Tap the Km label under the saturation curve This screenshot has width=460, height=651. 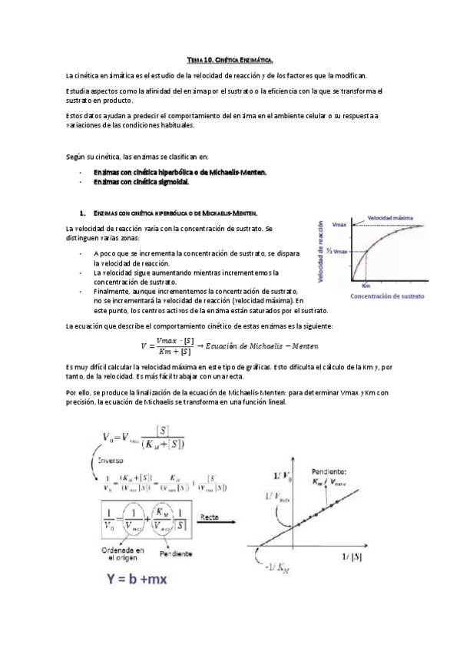click(366, 286)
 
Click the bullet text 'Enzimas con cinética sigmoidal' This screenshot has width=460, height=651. click(141, 183)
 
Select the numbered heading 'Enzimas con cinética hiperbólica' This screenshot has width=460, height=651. click(176, 212)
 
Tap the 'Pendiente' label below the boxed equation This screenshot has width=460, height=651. click(175, 554)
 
